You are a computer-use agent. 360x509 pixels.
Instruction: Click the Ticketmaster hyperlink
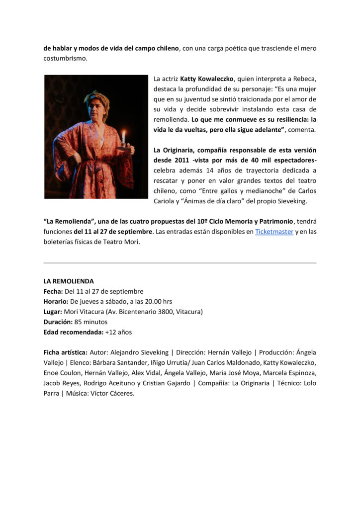point(274,231)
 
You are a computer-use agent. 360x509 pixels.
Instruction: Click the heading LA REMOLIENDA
point(69,281)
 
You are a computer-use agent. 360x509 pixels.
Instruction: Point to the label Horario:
point(56,301)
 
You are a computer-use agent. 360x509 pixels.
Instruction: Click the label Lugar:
point(53,312)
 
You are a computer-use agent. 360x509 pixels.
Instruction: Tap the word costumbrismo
point(65,58)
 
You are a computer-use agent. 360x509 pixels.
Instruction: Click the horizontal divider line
point(180,263)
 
